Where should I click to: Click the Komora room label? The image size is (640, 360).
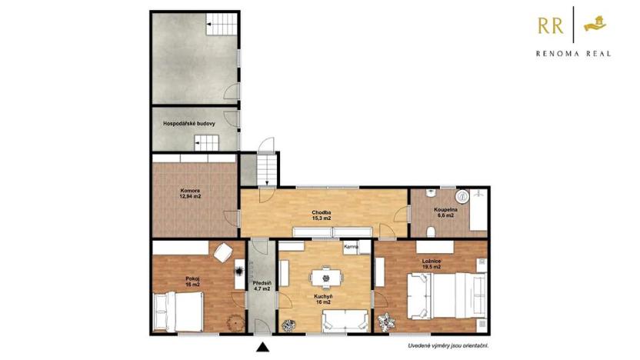(x=190, y=193)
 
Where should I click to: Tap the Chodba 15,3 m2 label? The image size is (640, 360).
(x=322, y=215)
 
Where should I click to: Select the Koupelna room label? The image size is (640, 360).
(x=446, y=212)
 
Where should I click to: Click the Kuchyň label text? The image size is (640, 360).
(x=322, y=298)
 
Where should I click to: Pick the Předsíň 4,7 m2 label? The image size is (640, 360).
(x=262, y=287)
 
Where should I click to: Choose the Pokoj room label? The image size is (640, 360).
(x=192, y=281)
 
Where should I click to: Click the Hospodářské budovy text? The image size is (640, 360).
(x=188, y=123)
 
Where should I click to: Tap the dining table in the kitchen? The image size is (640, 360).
(x=324, y=275)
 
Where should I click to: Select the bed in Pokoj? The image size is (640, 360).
(x=178, y=312)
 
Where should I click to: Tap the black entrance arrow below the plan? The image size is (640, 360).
(x=262, y=348)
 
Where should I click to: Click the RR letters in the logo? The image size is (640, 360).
(x=550, y=26)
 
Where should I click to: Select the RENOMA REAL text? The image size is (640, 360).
(x=573, y=53)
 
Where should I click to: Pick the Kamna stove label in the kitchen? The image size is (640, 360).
(x=352, y=246)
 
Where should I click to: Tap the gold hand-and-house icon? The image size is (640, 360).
(x=595, y=25)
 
